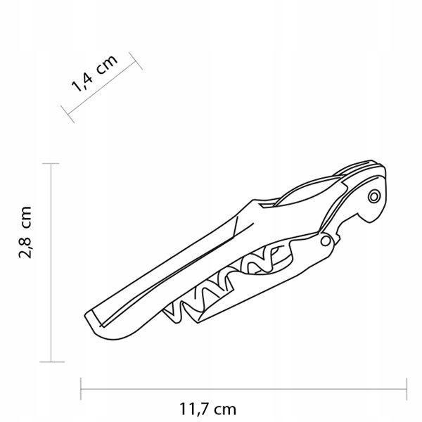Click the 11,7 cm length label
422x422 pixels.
pos(207,409)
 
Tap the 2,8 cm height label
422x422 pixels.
pos(25,232)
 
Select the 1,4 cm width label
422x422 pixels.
pos(94,73)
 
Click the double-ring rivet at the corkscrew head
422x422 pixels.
pos(374,197)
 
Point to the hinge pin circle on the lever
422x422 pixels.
pos(326,241)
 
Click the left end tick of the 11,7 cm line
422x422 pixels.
pos(81,389)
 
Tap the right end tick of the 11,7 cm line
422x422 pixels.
pos(407,389)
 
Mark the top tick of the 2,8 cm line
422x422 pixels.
pos(51,163)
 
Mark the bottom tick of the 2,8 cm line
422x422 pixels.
pos(51,362)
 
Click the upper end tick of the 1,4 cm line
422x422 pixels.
pos(135,60)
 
